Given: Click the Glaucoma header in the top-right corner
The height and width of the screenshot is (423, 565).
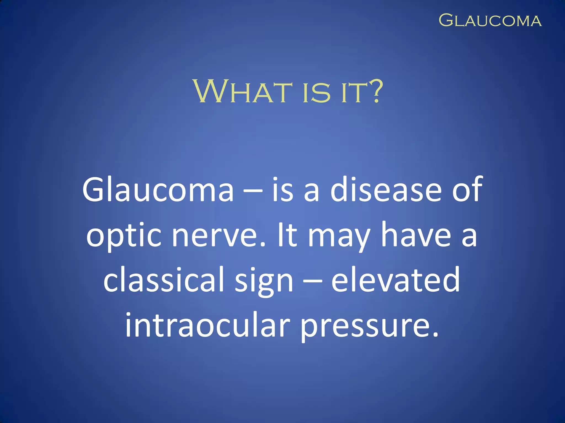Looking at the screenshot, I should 490,21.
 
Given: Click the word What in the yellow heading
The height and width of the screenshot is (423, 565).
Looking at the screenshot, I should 242,91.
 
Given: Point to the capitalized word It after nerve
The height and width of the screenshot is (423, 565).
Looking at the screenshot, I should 287,235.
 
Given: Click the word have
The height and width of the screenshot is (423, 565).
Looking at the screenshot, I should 416,235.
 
